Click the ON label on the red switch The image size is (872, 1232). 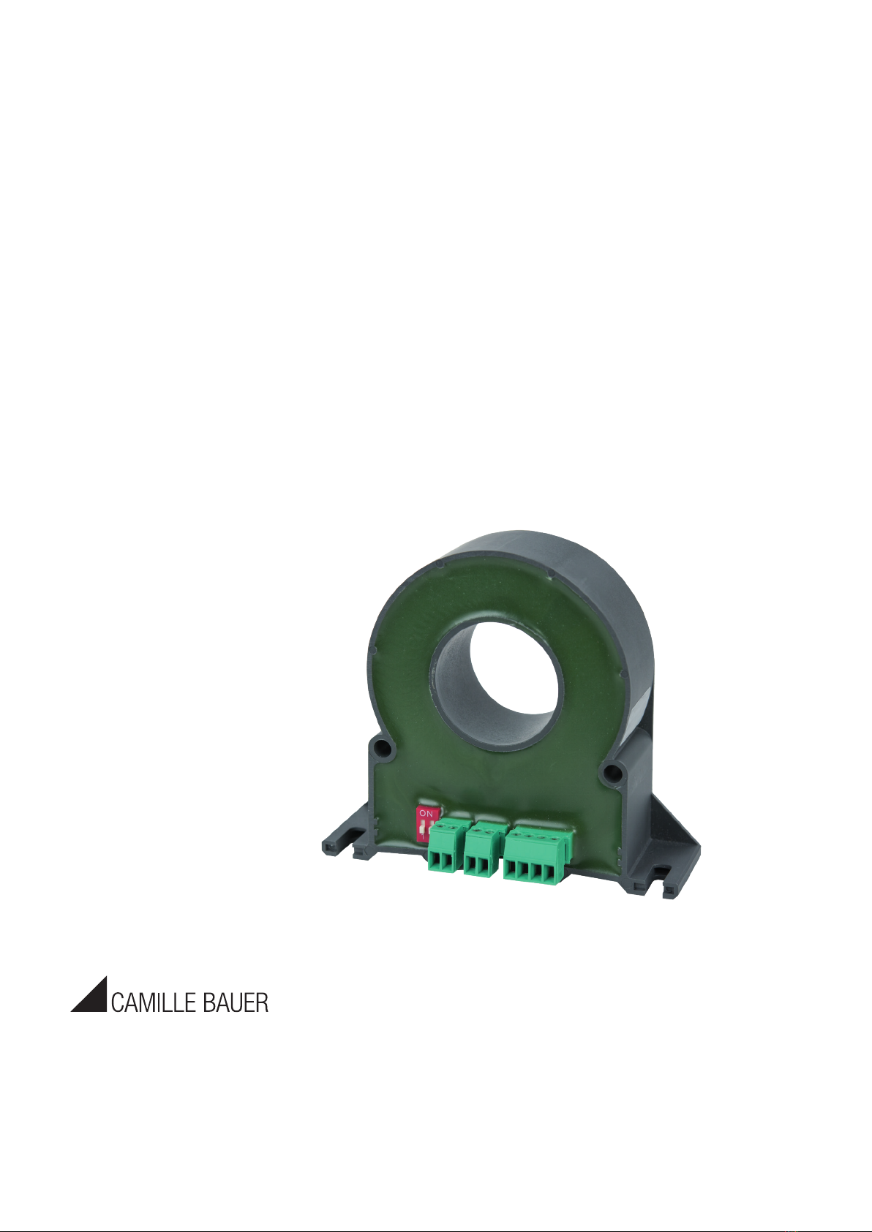click(425, 812)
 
